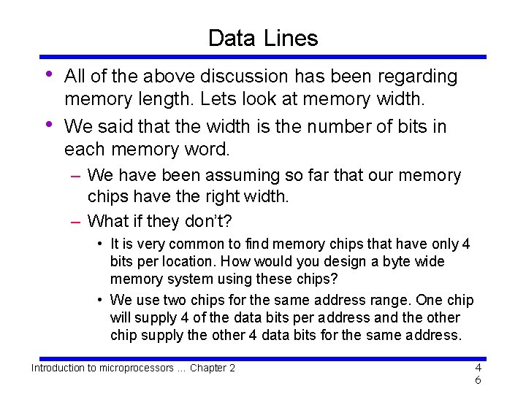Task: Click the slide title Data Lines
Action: tap(263, 38)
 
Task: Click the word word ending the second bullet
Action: tap(208, 150)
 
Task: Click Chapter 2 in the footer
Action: tap(213, 368)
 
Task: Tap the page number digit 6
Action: tap(477, 381)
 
